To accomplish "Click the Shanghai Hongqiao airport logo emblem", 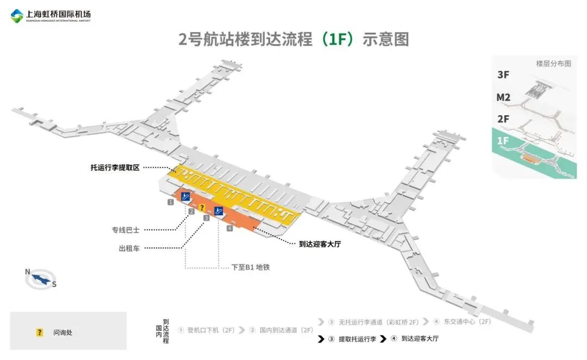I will coord(17,16).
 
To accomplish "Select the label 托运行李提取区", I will coord(115,168).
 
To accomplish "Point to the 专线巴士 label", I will coord(126,230).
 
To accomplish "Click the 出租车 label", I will coord(129,249).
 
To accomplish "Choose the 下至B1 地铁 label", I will coord(251,268).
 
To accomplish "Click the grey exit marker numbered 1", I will coord(170,202).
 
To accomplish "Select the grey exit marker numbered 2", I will coord(191,212).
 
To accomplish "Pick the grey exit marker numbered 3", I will coord(206,218).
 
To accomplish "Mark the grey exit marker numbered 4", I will coord(230,228).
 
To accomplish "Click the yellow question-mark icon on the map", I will coord(202,208).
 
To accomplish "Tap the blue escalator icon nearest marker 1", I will coord(185,197).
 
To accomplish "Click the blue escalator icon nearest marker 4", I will coord(219,211).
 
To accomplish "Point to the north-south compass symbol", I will coord(41,279).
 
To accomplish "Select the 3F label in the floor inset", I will coord(503,75).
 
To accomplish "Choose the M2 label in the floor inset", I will coord(503,97).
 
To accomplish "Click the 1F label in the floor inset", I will coord(503,141).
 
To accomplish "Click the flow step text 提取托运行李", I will coord(357,339).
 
